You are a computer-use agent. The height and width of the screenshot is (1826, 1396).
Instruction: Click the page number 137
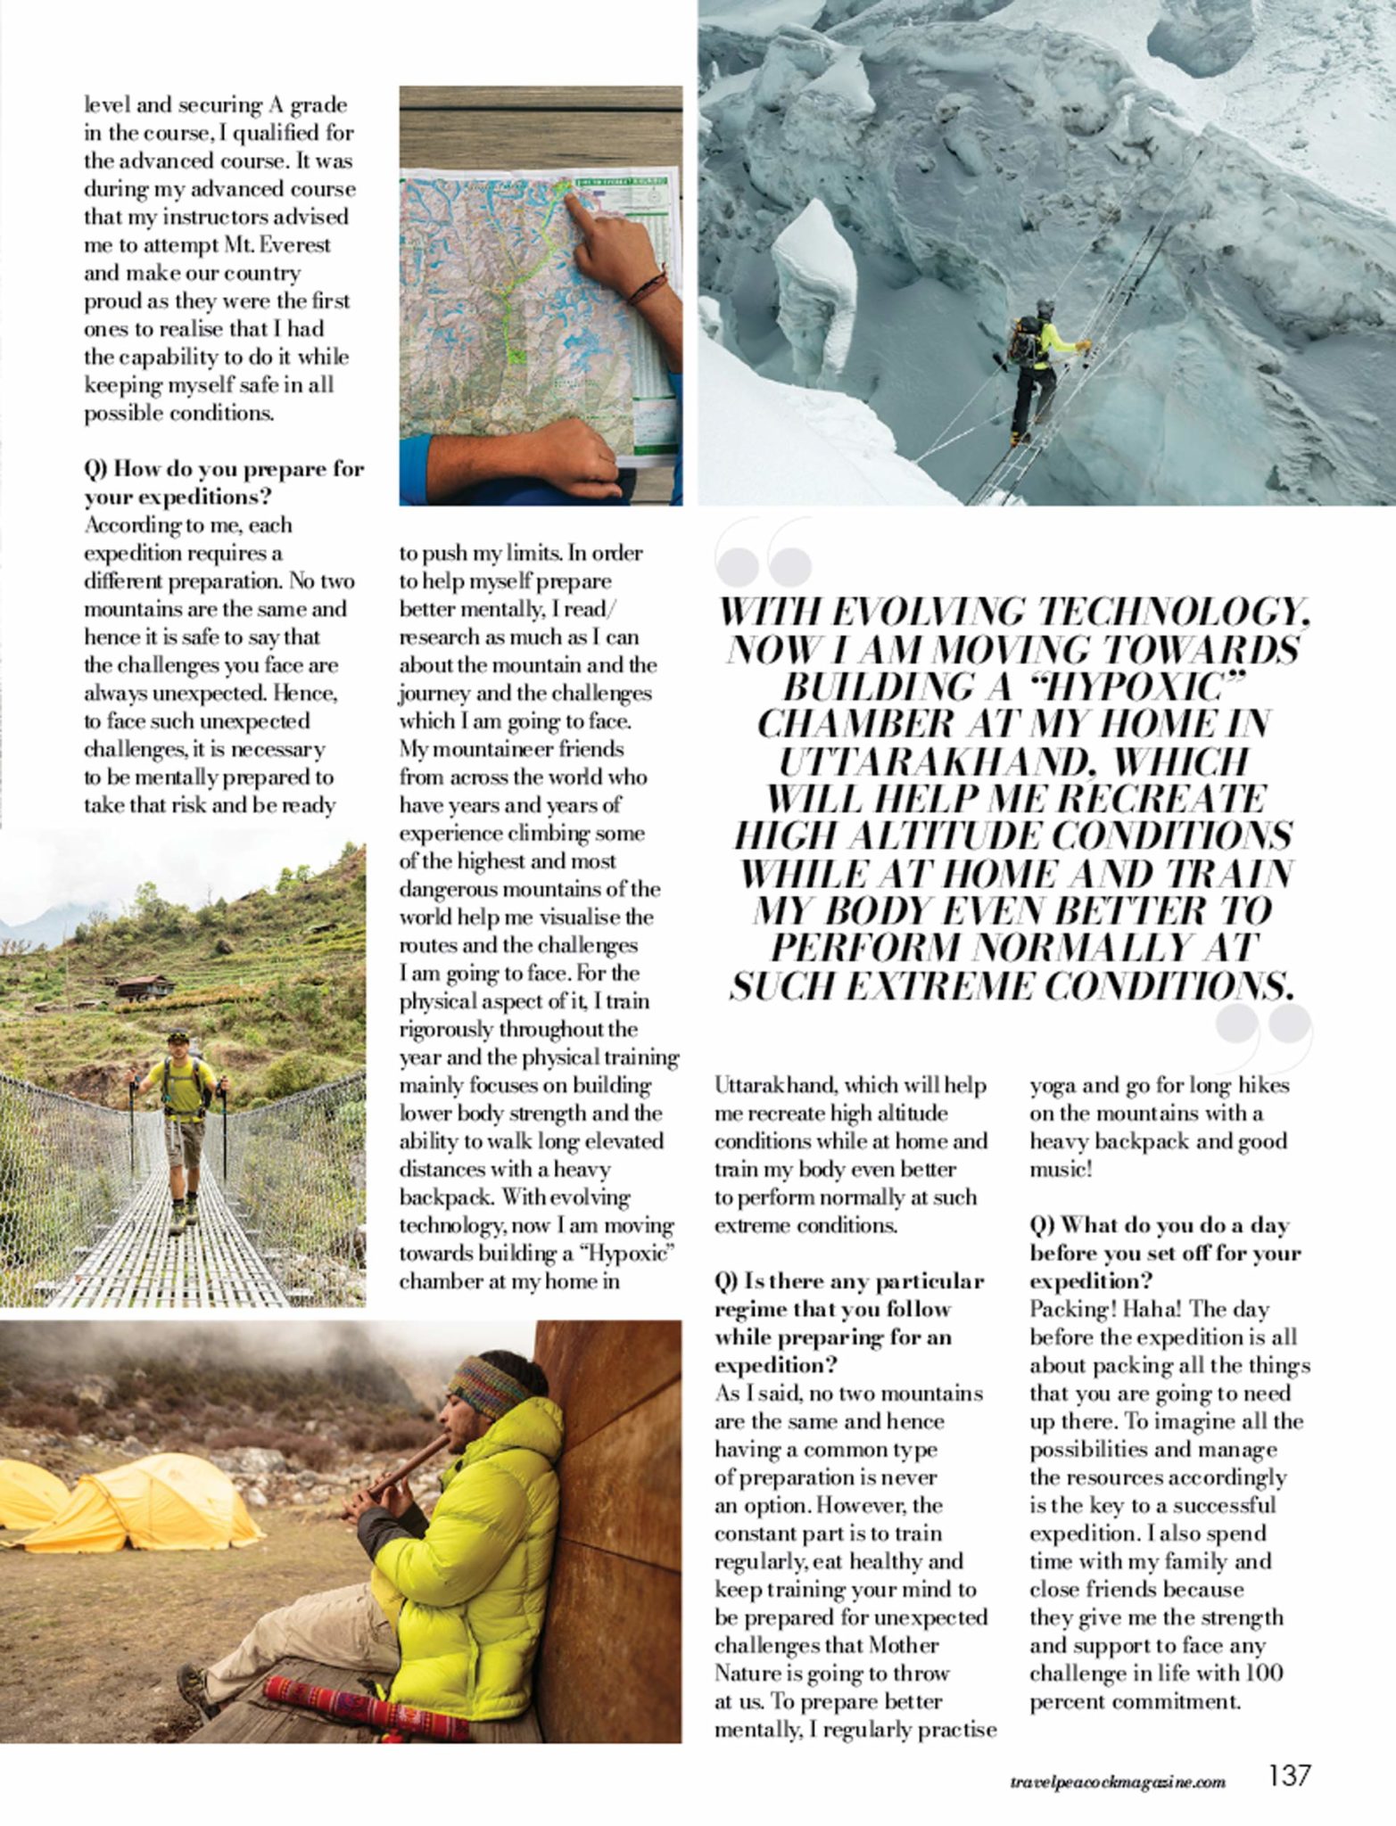click(1289, 1775)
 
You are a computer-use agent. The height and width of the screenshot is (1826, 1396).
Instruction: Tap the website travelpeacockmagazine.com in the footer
click(1119, 1781)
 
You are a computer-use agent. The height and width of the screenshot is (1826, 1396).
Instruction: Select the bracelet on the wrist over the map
click(649, 286)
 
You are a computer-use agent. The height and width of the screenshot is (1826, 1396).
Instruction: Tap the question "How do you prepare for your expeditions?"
click(223, 482)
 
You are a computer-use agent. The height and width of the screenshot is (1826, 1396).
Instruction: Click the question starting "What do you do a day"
click(1164, 1253)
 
